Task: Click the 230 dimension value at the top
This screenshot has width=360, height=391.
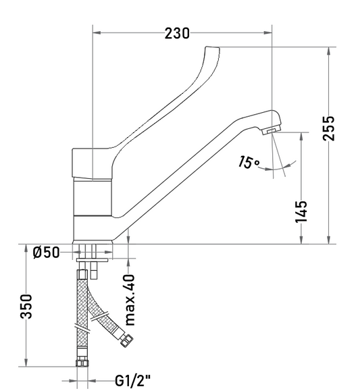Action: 177,33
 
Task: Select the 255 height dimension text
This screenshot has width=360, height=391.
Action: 328,128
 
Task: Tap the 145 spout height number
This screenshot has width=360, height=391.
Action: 301,211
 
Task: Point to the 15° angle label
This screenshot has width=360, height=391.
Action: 249,162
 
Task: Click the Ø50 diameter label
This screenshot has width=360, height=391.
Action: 47,253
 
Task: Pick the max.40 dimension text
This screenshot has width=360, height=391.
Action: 130,300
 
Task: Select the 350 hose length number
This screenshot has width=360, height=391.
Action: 26,307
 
